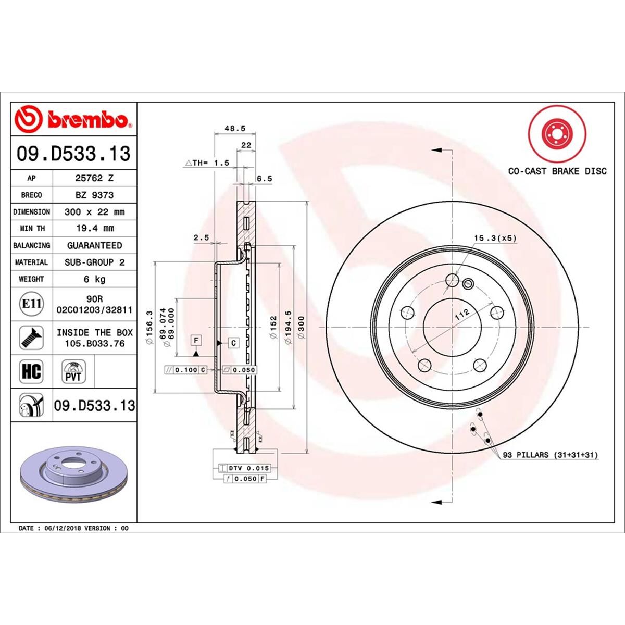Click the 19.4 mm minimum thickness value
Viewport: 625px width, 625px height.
[x=94, y=228]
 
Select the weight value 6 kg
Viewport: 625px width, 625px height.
[x=94, y=279]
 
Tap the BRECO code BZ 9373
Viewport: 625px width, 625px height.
[x=94, y=195]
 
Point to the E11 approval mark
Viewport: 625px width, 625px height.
[x=31, y=304]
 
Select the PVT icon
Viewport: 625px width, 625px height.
[x=73, y=371]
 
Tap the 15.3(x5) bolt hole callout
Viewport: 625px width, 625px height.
[x=494, y=239]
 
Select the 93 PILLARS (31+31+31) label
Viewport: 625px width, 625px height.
[x=551, y=455]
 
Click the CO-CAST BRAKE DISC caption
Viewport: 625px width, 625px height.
[x=557, y=171]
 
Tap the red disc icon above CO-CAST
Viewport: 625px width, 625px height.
[x=557, y=134]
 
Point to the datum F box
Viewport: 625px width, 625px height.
[x=196, y=341]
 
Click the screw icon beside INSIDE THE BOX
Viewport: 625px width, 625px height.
[x=31, y=337]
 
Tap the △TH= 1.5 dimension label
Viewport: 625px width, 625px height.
[x=208, y=163]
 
